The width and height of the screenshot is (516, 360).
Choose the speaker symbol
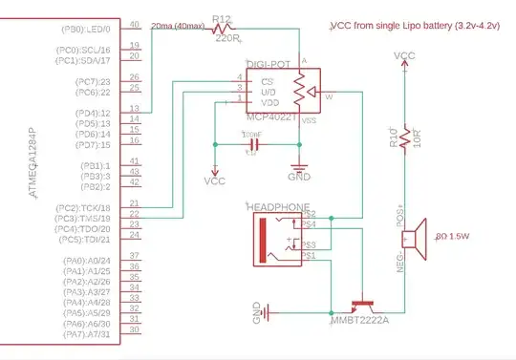pyautogui.click(x=413, y=236)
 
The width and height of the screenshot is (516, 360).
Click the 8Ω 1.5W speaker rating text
pyautogui.click(x=455, y=235)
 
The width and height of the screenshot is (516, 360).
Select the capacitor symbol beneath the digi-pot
pyautogui.click(x=251, y=144)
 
